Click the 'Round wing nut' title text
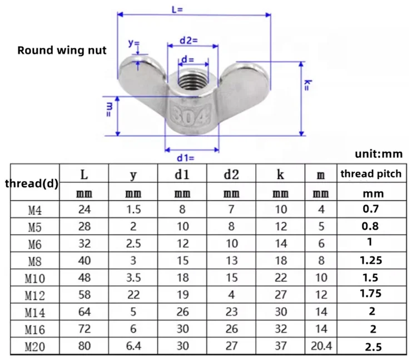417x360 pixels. [x=62, y=51]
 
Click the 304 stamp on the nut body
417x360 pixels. [x=190, y=117]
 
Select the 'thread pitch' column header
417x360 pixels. [x=371, y=174]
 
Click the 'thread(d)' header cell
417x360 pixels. [x=32, y=183]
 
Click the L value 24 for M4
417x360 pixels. [x=84, y=210]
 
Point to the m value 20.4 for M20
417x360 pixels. [x=321, y=346]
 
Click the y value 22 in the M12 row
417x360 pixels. [x=133, y=294]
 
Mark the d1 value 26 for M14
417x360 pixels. [x=182, y=312]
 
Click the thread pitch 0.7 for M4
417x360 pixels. [x=370, y=209]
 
